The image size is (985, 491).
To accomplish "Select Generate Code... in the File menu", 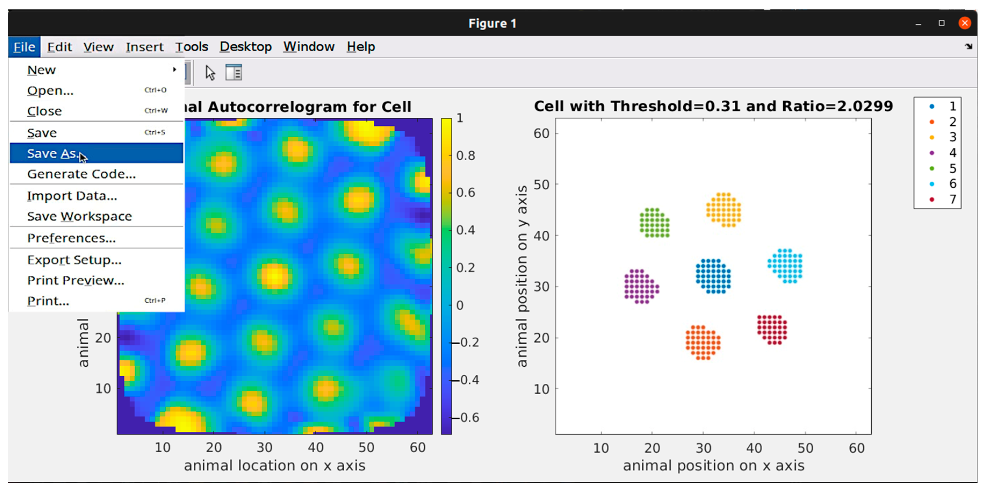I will click(x=81, y=174).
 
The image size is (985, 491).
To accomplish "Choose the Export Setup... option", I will click(x=74, y=260).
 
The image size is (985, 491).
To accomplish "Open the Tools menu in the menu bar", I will click(x=192, y=47).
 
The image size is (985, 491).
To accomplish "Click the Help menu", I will click(x=360, y=47).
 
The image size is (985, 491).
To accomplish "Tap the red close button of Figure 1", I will click(x=964, y=23).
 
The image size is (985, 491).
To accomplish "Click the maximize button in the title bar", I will click(x=941, y=23).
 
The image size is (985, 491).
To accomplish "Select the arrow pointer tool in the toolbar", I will click(x=210, y=72).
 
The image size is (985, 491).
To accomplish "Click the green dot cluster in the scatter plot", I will click(x=654, y=223).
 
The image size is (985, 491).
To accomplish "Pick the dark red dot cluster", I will click(x=772, y=329).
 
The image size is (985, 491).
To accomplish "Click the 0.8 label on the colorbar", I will click(x=465, y=155).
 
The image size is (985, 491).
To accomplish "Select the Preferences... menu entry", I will click(x=71, y=238).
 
